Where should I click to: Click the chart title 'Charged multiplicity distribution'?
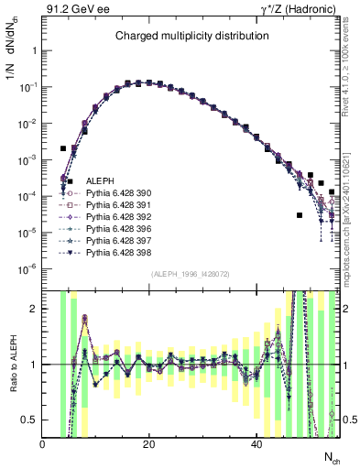tap(191, 36)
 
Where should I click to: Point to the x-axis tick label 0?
tap(43, 444)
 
